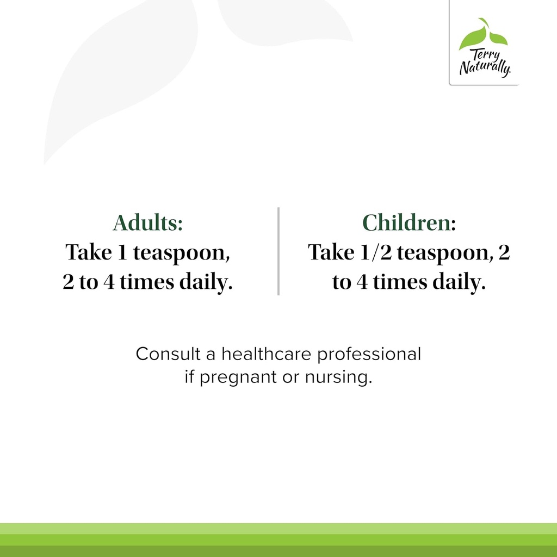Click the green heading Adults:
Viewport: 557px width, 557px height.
coord(148,222)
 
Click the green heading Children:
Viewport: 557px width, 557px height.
coord(409,222)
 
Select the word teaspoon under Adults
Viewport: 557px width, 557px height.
coord(182,253)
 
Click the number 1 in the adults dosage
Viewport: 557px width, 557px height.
coord(122,252)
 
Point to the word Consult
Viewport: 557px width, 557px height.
coord(169,354)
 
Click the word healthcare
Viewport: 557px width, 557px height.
coord(267,354)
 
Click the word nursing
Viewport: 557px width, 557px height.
coord(338,377)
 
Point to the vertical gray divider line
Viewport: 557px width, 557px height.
coord(278,251)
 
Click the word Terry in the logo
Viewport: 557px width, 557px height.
coord(486,55)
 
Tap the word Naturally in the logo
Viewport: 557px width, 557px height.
coord(485,67)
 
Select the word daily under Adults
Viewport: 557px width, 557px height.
coord(206,283)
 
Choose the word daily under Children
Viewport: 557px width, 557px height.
coord(459,283)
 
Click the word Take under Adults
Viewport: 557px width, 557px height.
coord(89,252)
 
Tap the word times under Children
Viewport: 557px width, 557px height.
coord(400,282)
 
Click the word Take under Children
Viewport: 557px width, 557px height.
coord(331,252)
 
